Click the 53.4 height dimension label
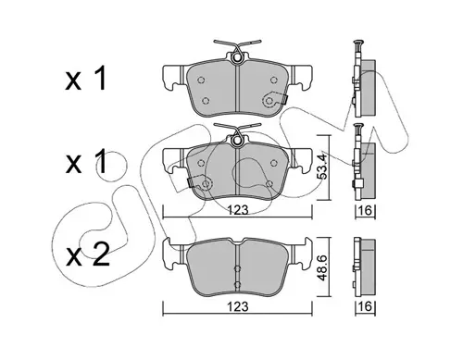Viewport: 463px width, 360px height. [x=322, y=167]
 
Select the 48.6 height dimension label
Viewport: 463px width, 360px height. [x=322, y=267]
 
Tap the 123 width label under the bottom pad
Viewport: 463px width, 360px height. [x=238, y=307]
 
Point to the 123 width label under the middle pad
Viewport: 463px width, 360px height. [x=238, y=210]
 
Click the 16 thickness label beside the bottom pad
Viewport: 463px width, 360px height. [x=365, y=306]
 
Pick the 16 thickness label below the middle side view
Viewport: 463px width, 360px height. [x=365, y=211]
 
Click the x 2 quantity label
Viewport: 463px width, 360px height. [x=88, y=254]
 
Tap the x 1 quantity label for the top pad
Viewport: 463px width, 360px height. [x=86, y=79]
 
